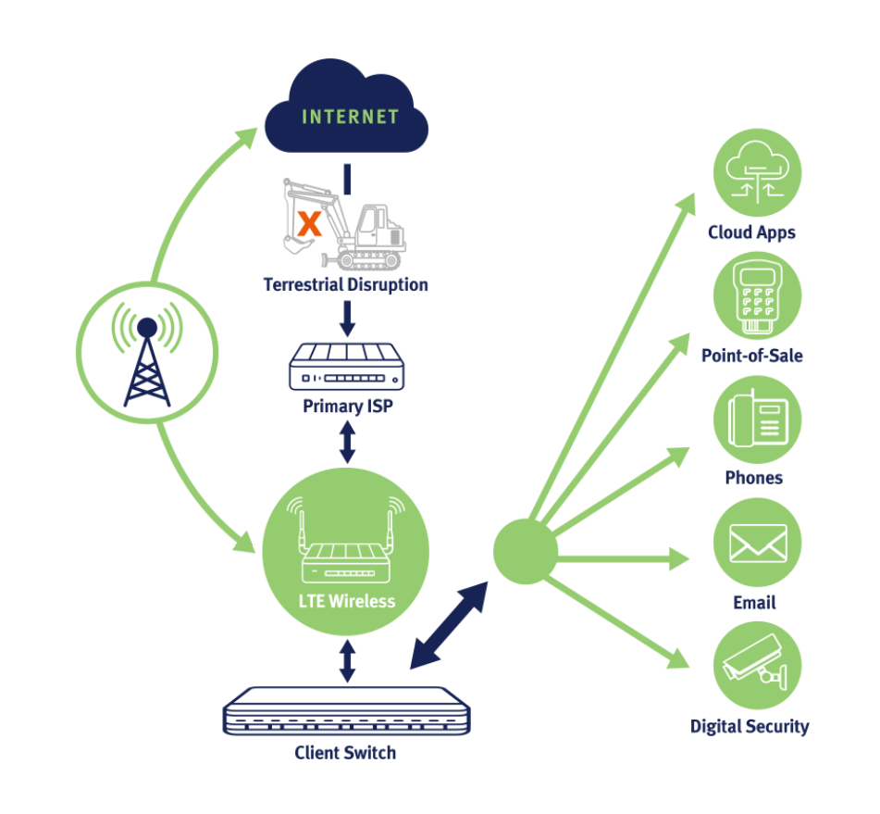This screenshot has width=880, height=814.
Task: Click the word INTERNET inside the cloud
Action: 349,118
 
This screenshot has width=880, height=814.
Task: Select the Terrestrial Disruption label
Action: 346,284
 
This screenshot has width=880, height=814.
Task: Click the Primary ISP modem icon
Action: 347,367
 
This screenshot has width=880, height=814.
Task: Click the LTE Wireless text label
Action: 347,601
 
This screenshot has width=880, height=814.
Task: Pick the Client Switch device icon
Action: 346,710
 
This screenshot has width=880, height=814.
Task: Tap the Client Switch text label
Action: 345,752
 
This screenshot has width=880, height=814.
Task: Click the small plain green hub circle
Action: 525,552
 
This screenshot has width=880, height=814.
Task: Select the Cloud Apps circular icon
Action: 756,173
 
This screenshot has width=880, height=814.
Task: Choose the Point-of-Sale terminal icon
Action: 756,297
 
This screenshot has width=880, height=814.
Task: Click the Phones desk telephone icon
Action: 756,420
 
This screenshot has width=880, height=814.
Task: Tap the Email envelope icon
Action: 757,544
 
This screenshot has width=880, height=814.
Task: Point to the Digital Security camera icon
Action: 756,667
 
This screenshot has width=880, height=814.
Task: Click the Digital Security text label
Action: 750,726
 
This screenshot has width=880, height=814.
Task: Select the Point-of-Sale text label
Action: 751,356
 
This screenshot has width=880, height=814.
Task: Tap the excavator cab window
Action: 368,222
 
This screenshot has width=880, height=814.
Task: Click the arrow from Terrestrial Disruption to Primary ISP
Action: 347,318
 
